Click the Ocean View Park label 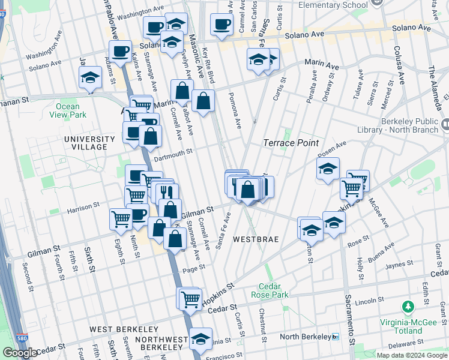71,110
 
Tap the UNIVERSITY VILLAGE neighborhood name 89,143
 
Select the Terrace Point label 288,143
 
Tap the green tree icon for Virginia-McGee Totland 408,307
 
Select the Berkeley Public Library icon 445,124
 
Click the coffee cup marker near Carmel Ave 221,25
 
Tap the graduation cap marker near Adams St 90,78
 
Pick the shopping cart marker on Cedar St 190,298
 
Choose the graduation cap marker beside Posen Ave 328,170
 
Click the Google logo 20,353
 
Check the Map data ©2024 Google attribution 411,355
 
